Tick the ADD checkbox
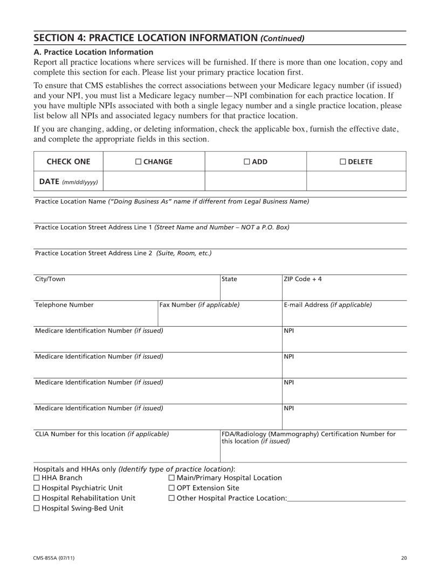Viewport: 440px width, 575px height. tap(246, 162)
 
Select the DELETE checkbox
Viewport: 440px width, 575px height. tap(342, 162)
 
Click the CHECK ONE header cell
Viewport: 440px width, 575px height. tap(68, 162)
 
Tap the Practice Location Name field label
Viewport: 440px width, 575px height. tap(171, 201)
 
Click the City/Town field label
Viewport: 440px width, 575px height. tap(50, 279)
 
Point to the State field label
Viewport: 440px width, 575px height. tap(229, 279)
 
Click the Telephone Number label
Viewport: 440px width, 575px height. tap(64, 305)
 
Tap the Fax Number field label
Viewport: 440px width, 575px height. tap(199, 305)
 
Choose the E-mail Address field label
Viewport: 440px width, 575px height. tap(327, 305)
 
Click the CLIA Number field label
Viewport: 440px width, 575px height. tap(102, 433)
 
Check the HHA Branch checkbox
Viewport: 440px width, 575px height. tap(37, 478)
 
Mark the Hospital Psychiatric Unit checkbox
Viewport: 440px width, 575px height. tap(37, 488)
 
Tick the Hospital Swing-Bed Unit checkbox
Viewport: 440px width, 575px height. tap(37, 508)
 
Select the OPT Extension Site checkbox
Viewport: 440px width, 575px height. tap(171, 488)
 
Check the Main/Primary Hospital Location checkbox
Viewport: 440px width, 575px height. tap(171, 478)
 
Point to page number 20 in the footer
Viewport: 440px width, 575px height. tap(404, 557)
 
